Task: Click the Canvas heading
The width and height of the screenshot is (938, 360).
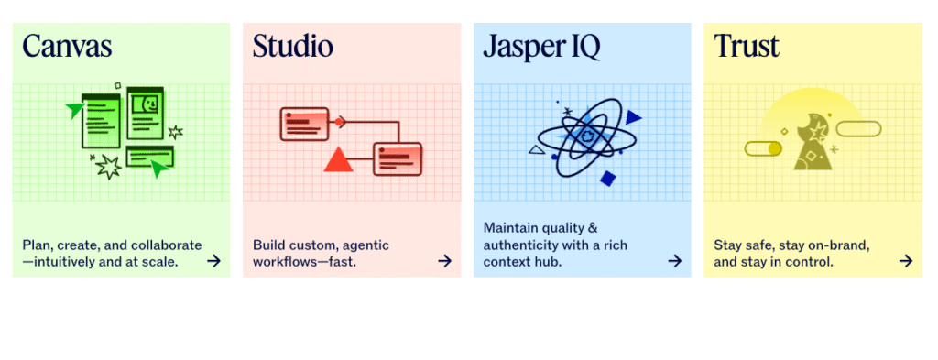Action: point(67,46)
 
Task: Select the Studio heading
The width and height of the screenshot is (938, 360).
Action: point(293,46)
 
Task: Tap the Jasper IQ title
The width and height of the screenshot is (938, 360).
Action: point(541,46)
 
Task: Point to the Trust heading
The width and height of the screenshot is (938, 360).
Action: point(747,46)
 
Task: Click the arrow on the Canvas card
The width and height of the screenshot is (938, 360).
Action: point(213,261)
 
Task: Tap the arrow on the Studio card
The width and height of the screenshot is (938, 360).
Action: point(444,261)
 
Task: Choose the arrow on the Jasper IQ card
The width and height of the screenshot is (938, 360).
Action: point(675,261)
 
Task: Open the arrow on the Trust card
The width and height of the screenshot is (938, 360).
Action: point(906,261)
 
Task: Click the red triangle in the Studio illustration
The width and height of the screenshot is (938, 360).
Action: point(339,159)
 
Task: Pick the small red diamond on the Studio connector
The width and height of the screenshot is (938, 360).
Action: point(339,121)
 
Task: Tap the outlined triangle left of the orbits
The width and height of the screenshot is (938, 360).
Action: point(537,149)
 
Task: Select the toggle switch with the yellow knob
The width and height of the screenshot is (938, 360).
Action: point(763,148)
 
